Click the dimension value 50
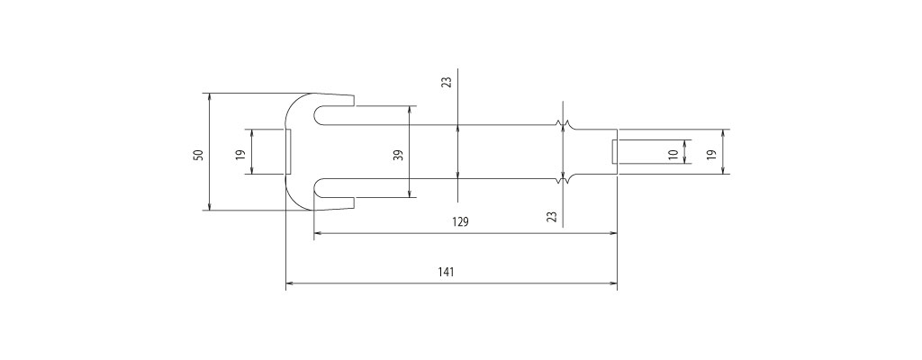[199, 156]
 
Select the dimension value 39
[399, 156]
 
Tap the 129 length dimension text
[461, 221]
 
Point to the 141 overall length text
[447, 272]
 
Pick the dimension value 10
[673, 154]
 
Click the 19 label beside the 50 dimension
[240, 156]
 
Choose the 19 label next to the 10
[711, 156]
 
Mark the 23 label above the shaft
[447, 83]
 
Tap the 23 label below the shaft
[552, 217]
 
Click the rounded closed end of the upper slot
[315, 115]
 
